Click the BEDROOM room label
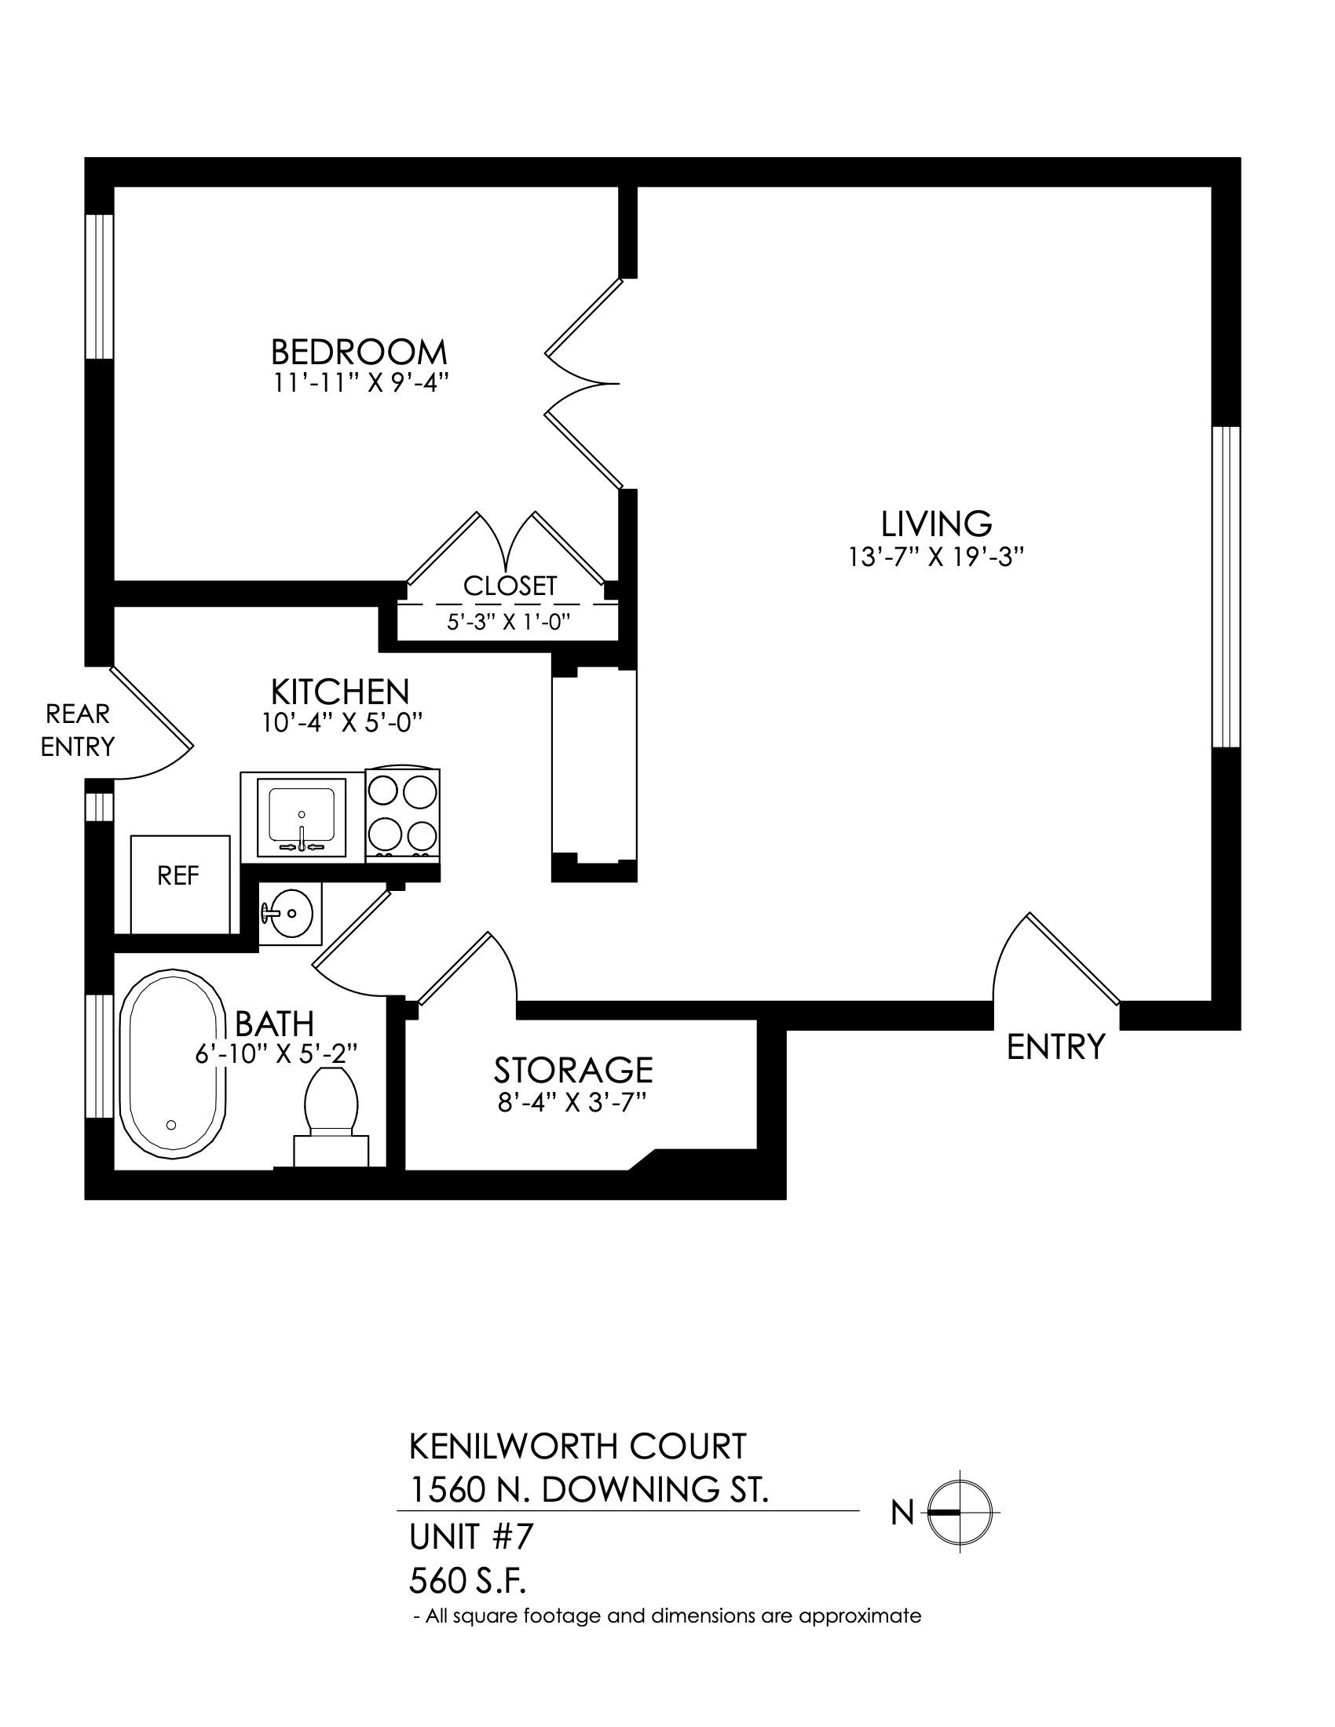(359, 351)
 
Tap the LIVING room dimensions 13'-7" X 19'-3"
(936, 557)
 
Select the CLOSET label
(510, 586)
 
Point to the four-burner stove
(403, 813)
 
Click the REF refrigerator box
(180, 883)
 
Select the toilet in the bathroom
(331, 1117)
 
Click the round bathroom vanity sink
(291, 913)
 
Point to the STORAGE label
(573, 1070)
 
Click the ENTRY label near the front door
(1055, 1047)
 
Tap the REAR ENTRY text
(78, 731)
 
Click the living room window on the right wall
(1226, 586)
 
